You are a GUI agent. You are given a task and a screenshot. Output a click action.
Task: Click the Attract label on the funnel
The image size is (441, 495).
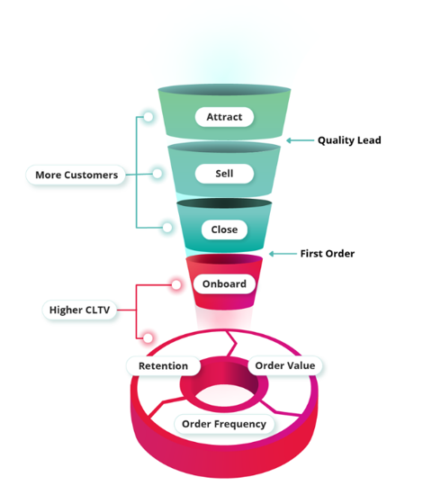point(224,117)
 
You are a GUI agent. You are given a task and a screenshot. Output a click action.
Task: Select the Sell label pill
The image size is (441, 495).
point(224,174)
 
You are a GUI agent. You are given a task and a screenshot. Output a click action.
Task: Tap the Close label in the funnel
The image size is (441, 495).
point(224,229)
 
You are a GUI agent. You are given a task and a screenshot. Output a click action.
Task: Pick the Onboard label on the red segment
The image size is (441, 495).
point(224,283)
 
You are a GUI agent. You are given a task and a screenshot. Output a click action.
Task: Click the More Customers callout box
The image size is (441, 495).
point(76,175)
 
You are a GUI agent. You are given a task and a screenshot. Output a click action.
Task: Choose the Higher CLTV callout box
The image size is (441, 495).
point(79,310)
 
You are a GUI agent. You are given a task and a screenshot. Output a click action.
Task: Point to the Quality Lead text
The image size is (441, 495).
point(349,140)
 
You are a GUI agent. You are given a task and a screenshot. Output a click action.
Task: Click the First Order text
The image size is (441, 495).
point(328,254)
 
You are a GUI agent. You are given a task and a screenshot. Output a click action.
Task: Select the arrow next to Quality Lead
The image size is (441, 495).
point(301,140)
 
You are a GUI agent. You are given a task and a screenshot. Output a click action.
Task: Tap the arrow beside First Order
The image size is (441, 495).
point(283,254)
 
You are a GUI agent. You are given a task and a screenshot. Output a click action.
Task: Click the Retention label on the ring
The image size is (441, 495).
point(163,366)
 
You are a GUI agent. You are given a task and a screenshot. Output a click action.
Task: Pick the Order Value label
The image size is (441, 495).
point(285,365)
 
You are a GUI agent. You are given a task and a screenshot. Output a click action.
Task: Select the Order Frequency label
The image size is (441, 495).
point(224,424)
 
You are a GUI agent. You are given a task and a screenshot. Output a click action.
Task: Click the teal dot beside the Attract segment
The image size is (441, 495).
point(148,117)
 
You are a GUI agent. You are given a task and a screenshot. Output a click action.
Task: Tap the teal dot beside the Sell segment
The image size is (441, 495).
point(157,174)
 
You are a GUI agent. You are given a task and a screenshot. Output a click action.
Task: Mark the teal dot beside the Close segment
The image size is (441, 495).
point(167,228)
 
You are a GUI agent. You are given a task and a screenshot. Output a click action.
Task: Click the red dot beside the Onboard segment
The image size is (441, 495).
point(176,284)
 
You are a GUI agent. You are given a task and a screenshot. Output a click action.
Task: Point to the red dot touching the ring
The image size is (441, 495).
point(148,338)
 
